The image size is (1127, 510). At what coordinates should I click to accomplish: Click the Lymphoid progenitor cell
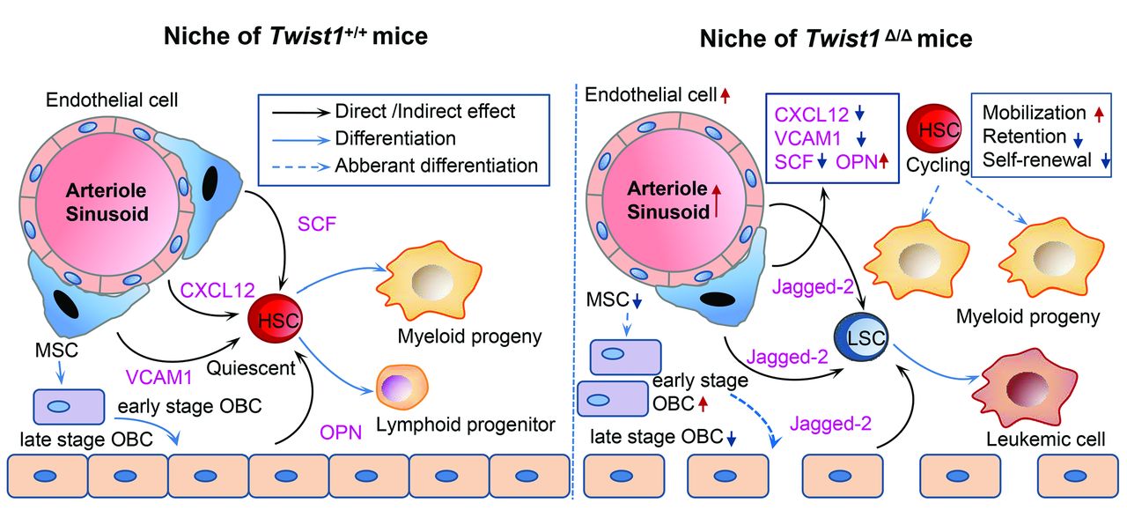tap(401, 388)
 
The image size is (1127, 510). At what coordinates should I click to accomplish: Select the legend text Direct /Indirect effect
tap(425, 112)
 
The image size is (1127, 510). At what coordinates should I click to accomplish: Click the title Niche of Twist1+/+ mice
tap(294, 37)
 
